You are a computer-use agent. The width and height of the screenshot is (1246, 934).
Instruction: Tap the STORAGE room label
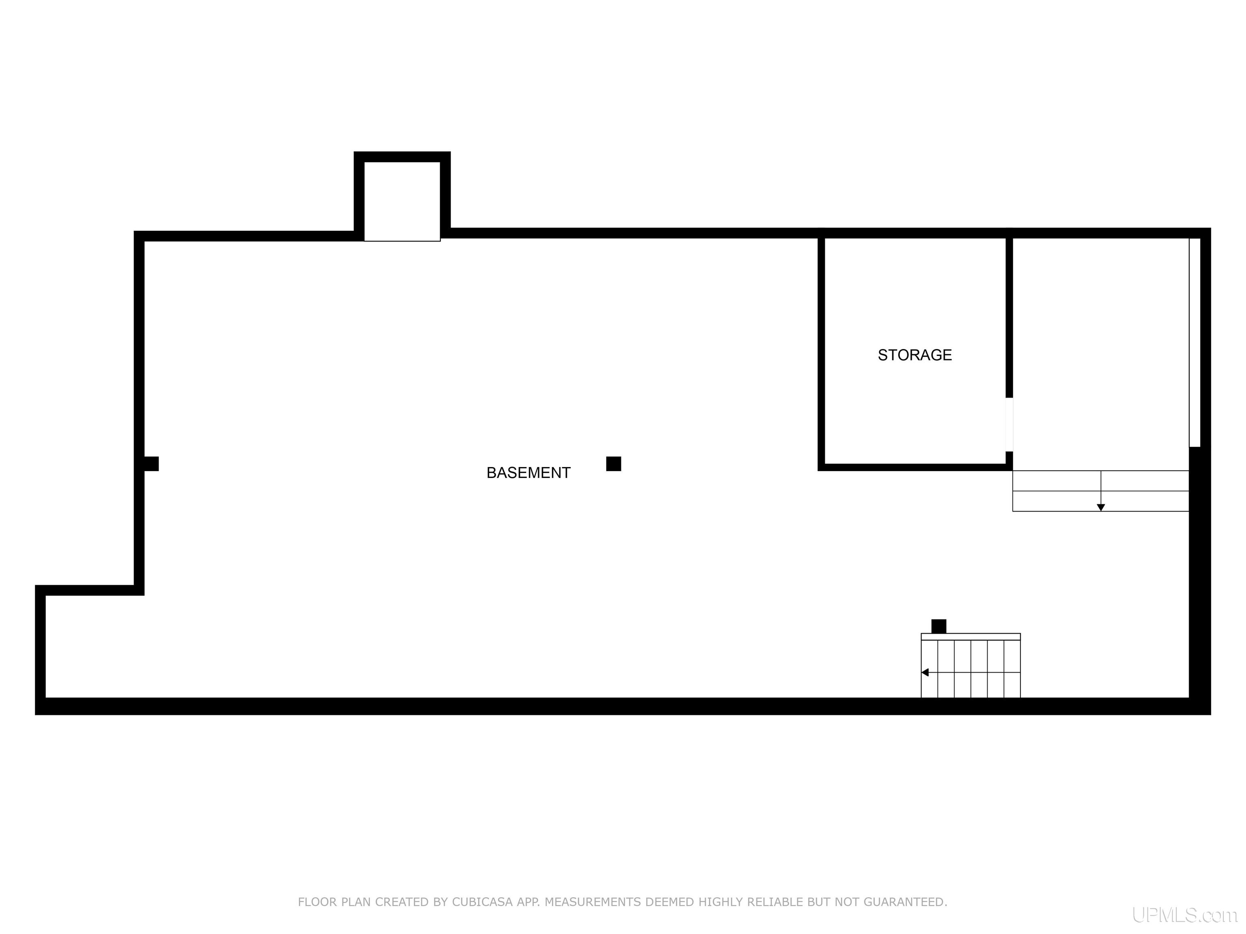[914, 355]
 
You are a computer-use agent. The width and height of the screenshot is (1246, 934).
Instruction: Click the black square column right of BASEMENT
[613, 464]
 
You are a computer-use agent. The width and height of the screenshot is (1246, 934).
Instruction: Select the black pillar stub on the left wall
[151, 464]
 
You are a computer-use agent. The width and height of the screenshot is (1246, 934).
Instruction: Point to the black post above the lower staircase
[939, 626]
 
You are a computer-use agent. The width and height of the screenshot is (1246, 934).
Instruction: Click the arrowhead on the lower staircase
[925, 672]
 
